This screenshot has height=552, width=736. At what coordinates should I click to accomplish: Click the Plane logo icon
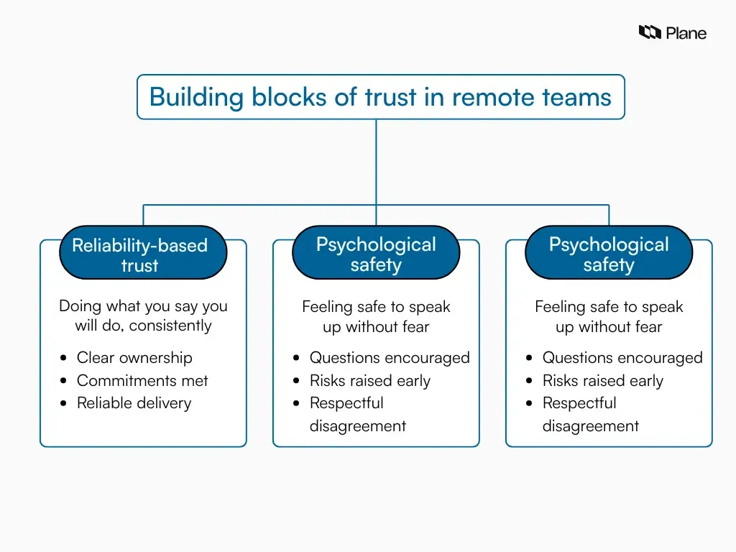coord(650,32)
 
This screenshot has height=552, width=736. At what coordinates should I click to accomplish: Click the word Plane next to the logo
coord(686,33)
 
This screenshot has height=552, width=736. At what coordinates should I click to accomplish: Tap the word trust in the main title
coord(392,97)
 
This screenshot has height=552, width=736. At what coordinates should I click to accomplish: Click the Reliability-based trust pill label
coord(142,254)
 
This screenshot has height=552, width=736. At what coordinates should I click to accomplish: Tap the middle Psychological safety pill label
coord(376,254)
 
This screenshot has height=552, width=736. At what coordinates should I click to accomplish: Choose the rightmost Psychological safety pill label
coord(609,254)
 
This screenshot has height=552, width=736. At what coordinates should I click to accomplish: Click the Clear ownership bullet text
coord(134,358)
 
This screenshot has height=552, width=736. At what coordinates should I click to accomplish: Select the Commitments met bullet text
coord(142,381)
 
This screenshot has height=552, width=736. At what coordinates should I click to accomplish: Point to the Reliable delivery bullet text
coord(134,403)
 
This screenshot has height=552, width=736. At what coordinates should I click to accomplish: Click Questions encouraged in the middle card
coord(390,358)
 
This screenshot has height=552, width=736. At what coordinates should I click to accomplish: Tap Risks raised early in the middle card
coord(369,381)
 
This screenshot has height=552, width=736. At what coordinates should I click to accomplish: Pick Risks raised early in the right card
coord(602,381)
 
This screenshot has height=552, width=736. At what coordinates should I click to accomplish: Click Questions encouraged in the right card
coord(622,358)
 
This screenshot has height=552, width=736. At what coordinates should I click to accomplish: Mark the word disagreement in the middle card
coord(357,426)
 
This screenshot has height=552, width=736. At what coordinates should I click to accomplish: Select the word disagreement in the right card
coord(590,426)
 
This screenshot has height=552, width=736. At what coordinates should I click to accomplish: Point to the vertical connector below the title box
coord(376,162)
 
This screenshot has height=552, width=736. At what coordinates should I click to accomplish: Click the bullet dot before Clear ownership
coord(64,358)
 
